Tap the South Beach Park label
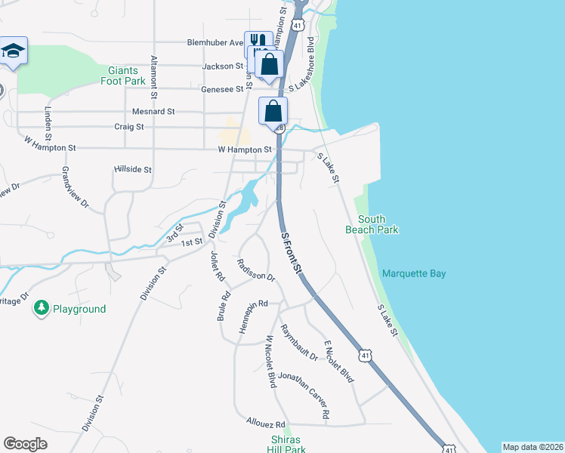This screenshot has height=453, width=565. click(371, 224)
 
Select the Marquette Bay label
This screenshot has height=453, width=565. click(413, 273)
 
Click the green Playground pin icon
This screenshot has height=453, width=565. click(41, 308)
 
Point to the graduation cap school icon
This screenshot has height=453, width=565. click(13, 51)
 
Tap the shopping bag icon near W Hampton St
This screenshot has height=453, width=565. click(273, 111)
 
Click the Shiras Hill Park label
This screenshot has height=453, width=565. click(286, 445)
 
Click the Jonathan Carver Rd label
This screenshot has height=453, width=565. click(304, 395)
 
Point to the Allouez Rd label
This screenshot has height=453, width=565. click(266, 424)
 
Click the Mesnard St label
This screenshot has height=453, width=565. click(153, 111)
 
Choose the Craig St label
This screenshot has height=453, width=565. click(128, 127)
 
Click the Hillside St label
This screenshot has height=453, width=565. click(133, 170)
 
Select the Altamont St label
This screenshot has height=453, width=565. click(154, 78)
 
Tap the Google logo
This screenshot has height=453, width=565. click(25, 444)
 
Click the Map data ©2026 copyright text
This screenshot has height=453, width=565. click(532, 447)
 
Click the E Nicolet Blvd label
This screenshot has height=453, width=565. click(339, 362)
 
